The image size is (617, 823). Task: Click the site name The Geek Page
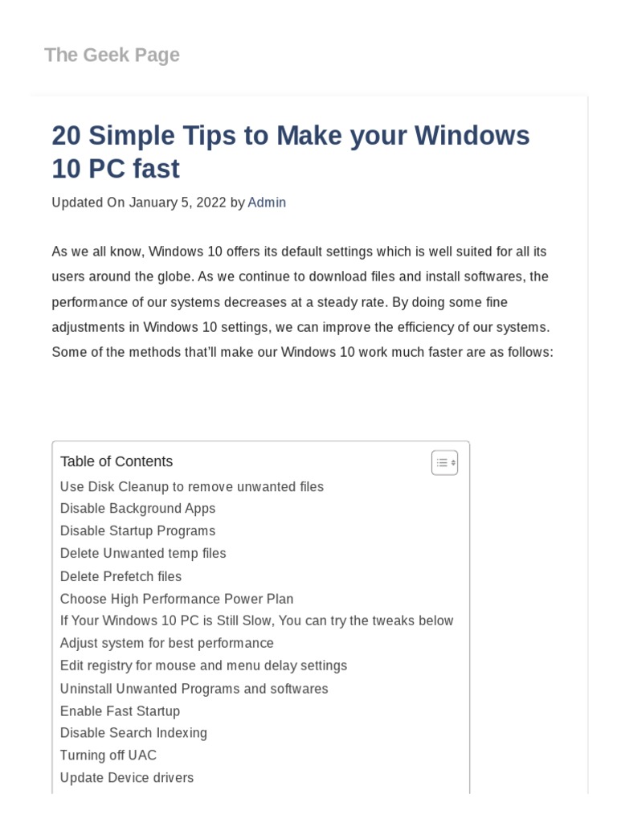[112, 55]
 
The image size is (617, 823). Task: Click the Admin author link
[267, 203]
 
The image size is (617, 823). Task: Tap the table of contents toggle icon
[444, 462]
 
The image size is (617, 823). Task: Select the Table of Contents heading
[116, 461]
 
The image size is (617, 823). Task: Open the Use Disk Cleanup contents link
[192, 486]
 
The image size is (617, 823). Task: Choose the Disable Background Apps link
[137, 508]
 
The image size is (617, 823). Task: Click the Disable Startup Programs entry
[137, 530]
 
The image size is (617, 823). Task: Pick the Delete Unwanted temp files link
[143, 553]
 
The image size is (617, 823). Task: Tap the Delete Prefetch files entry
[121, 576]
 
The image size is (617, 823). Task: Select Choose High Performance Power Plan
[177, 599]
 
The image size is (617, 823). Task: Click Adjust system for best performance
[166, 643]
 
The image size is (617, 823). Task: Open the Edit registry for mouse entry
[203, 665]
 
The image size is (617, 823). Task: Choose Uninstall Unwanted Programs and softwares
[194, 689]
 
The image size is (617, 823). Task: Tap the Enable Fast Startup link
[120, 711]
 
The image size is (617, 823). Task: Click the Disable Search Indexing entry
[133, 733]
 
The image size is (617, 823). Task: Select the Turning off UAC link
[108, 755]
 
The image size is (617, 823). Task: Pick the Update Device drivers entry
[126, 778]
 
